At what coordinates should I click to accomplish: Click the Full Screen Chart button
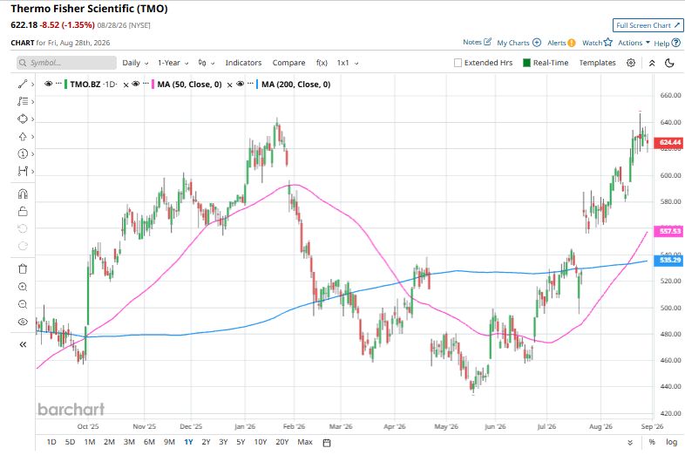(x=648, y=25)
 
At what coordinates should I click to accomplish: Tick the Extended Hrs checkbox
(x=458, y=63)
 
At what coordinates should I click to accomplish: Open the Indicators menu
(x=243, y=63)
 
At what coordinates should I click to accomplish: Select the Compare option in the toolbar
(x=288, y=63)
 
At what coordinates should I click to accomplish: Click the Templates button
(x=597, y=63)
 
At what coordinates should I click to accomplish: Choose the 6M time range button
(x=149, y=442)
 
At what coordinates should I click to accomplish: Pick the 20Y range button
(x=282, y=442)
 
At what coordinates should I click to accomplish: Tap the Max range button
(x=305, y=442)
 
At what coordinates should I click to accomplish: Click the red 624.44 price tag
(x=669, y=142)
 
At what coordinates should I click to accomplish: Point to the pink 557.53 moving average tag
(x=669, y=231)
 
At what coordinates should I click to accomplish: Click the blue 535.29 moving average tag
(x=669, y=260)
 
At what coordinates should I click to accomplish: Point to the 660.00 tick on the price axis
(x=670, y=95)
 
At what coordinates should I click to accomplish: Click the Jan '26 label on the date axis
(x=245, y=426)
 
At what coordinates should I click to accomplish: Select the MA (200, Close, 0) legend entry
(x=295, y=85)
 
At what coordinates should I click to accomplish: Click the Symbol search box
(x=67, y=63)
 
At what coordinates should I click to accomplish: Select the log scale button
(x=671, y=442)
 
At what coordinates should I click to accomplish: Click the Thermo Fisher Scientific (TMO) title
(x=89, y=9)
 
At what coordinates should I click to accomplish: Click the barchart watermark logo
(x=71, y=409)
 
